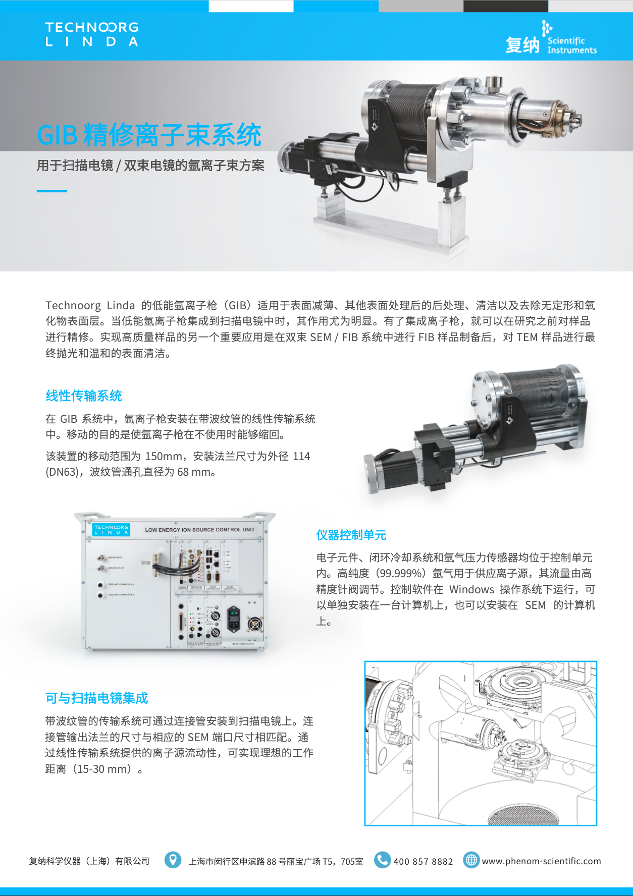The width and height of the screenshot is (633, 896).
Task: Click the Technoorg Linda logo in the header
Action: (92, 34)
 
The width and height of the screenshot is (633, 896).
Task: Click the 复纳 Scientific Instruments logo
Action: (551, 38)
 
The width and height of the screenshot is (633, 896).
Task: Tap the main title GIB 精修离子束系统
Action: (149, 135)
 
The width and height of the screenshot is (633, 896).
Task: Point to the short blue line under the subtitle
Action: (51, 191)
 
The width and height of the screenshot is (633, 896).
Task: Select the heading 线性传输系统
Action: (84, 396)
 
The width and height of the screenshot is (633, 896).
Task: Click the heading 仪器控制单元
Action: (351, 535)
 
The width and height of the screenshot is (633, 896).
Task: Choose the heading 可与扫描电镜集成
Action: (96, 698)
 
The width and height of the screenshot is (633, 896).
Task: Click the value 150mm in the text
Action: (164, 456)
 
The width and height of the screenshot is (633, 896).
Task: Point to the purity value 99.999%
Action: (401, 573)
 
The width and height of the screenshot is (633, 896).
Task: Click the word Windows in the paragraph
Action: (471, 589)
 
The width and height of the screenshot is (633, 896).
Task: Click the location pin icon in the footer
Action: (173, 860)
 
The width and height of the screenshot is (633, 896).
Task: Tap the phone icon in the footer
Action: (382, 860)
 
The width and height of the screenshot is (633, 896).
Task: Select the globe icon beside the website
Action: (471, 860)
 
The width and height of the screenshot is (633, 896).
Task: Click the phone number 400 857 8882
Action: (423, 861)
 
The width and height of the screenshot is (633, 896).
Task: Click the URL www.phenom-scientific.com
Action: (541, 861)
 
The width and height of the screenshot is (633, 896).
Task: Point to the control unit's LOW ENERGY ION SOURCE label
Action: (199, 530)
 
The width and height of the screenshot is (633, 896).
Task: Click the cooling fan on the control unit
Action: (255, 624)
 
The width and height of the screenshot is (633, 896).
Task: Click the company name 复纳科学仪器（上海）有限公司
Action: (89, 861)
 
